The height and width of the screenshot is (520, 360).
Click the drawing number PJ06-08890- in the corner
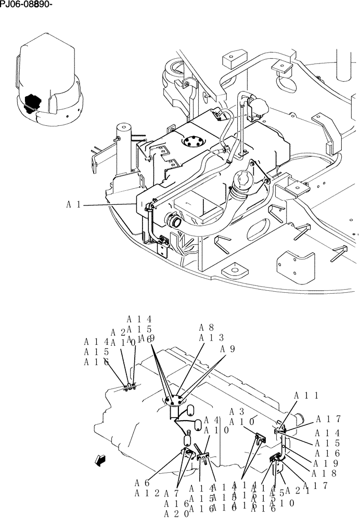(x=27, y=5)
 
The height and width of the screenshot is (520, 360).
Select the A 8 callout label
(x=207, y=328)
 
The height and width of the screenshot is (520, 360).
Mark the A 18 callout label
(x=324, y=473)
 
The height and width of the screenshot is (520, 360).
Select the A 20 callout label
(x=174, y=513)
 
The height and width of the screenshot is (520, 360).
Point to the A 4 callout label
(x=211, y=420)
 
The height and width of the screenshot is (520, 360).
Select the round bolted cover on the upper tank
(x=194, y=142)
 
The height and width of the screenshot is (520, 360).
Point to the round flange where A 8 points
(x=174, y=399)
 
